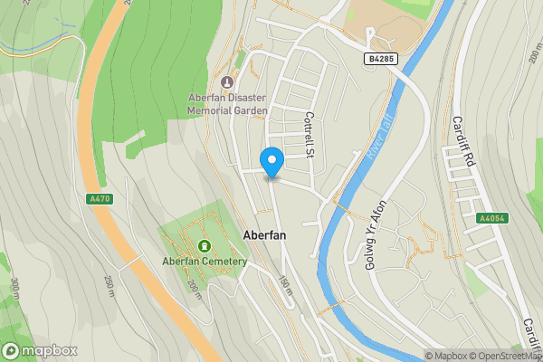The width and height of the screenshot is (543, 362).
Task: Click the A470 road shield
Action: tap(100, 199)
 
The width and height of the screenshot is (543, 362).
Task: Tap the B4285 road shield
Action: tap(381, 59)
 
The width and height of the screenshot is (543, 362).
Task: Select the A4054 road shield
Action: tap(493, 218)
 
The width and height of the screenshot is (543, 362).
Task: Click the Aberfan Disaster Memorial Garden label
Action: tap(228, 104)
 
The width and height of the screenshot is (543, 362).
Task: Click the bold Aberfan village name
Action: tap(266, 234)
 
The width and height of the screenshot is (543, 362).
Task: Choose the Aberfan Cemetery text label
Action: tap(205, 262)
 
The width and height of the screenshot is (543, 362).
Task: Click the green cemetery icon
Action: tap(205, 245)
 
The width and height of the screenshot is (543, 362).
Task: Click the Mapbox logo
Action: tap(40, 350)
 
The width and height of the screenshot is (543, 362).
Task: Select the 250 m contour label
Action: tap(110, 286)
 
